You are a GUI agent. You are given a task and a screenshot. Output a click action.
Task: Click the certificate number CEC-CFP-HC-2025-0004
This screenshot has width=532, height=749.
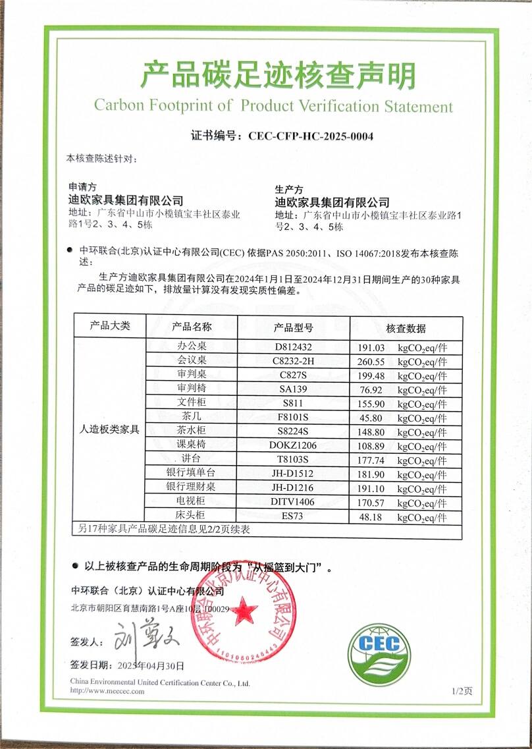point(311,136)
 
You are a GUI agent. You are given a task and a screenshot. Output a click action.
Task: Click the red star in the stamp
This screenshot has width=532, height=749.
point(244,610)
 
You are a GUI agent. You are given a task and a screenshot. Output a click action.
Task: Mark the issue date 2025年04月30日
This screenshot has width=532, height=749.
point(150,665)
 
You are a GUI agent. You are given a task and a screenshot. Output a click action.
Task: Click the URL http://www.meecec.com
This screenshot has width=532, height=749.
point(107,691)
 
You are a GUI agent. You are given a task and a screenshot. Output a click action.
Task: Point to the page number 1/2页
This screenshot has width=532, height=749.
point(462,690)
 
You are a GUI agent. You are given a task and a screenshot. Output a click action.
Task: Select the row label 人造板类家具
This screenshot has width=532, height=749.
point(109,430)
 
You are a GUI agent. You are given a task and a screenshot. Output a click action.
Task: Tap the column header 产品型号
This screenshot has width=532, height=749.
point(293,327)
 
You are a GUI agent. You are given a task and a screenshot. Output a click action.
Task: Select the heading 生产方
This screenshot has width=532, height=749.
point(289,188)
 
